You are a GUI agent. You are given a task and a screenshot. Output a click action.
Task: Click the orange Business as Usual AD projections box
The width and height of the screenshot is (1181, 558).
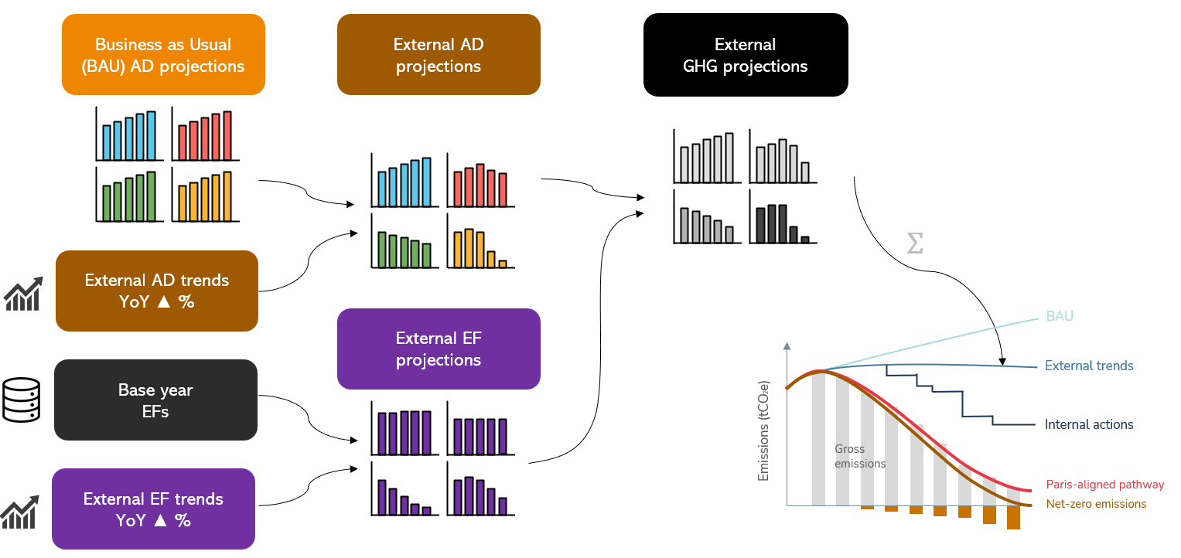point(163,55)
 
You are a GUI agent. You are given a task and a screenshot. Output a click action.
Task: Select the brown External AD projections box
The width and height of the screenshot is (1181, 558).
point(439,55)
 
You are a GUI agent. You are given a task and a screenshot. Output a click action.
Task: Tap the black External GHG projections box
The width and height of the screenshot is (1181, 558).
point(745,55)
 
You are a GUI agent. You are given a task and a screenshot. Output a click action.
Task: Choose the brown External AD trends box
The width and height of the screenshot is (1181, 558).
point(156,291)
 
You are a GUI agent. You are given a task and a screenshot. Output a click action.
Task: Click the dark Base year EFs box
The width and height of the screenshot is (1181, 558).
point(155,400)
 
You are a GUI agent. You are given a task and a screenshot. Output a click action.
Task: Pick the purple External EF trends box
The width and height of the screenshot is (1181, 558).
point(153,509)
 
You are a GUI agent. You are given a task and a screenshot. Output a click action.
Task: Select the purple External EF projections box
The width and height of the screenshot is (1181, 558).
point(439,349)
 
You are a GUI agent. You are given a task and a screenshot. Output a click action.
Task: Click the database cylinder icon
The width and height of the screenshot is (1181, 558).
point(21,400)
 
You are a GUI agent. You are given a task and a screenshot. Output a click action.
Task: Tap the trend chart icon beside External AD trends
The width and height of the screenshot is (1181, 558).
point(22,295)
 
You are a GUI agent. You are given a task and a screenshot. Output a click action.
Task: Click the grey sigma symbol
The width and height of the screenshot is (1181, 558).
point(914,244)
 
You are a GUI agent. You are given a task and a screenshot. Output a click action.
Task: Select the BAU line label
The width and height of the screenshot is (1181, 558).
point(1060,316)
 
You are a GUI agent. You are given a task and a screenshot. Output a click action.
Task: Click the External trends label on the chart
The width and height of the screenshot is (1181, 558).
point(1089,366)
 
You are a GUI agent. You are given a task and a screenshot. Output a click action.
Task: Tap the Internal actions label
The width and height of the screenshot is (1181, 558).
point(1088,424)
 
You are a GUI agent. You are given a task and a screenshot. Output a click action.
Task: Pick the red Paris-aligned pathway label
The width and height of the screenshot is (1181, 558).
point(1104,485)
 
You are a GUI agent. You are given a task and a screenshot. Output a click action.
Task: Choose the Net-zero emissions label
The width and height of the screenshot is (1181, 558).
point(1096,504)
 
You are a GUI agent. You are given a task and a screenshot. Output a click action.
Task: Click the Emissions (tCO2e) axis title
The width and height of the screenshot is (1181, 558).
point(764,431)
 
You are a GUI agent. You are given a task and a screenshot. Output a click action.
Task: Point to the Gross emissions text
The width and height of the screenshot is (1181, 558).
point(860,456)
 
